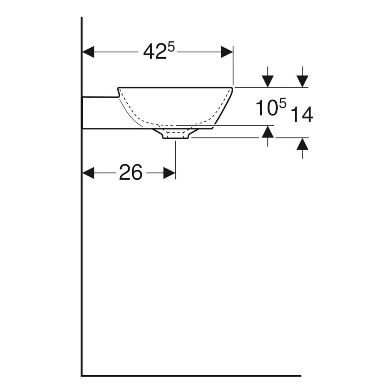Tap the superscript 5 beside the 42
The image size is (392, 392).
click(x=171, y=48)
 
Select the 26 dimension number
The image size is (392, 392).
click(x=131, y=172)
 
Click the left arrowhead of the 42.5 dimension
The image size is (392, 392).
click(x=88, y=52)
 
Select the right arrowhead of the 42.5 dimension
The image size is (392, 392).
click(x=227, y=52)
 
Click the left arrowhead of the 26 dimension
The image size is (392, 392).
click(x=88, y=173)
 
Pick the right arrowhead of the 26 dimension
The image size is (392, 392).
click(x=169, y=173)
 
